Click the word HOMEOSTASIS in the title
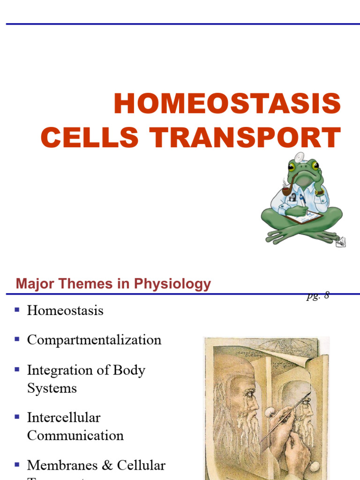[227, 104]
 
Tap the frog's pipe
[286, 190]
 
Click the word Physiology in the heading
[173, 284]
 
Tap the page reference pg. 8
[318, 295]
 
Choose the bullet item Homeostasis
[65, 310]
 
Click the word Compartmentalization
[94, 340]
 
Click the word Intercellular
[64, 417]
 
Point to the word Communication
[75, 435]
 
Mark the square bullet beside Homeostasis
[17, 310]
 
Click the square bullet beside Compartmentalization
[17, 339]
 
